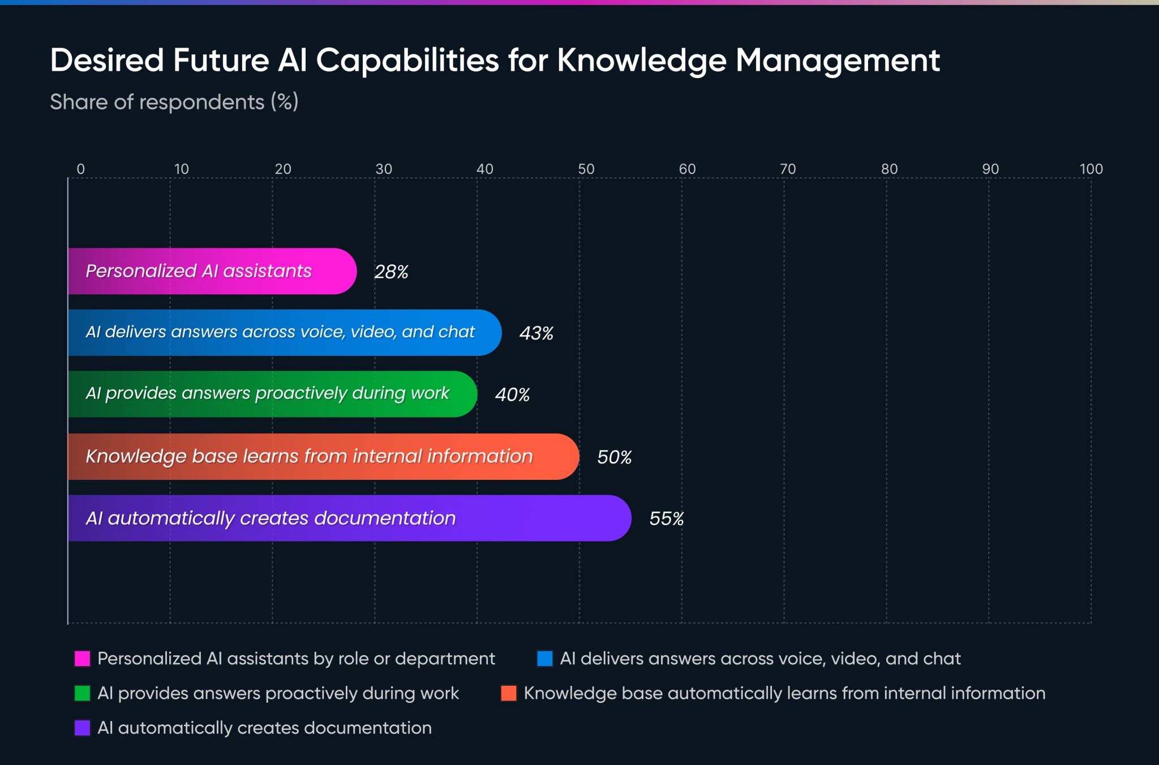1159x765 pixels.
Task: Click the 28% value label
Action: tap(391, 272)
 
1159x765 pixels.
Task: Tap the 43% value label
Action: tap(536, 333)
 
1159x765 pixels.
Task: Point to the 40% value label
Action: tap(512, 394)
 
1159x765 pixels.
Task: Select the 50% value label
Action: tap(614, 457)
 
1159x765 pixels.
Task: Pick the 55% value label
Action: tap(666, 519)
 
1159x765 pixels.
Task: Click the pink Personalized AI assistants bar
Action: tap(212, 271)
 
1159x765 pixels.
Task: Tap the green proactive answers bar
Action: tap(272, 394)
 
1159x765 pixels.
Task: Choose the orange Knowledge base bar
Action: tap(323, 457)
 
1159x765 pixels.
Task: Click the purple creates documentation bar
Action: tap(349, 518)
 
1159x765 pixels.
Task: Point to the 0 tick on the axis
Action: tap(81, 169)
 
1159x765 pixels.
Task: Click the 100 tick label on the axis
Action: tap(1091, 169)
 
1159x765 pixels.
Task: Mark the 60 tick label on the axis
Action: tap(687, 169)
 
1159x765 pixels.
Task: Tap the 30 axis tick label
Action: tap(384, 169)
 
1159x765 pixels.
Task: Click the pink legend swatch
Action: tap(83, 659)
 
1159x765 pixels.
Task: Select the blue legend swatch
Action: tap(545, 659)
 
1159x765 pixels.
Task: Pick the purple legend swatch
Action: tap(83, 728)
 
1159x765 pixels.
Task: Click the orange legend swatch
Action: tap(509, 693)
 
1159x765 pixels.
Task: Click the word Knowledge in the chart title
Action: tap(641, 61)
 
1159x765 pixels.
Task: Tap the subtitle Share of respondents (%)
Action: tap(174, 102)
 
